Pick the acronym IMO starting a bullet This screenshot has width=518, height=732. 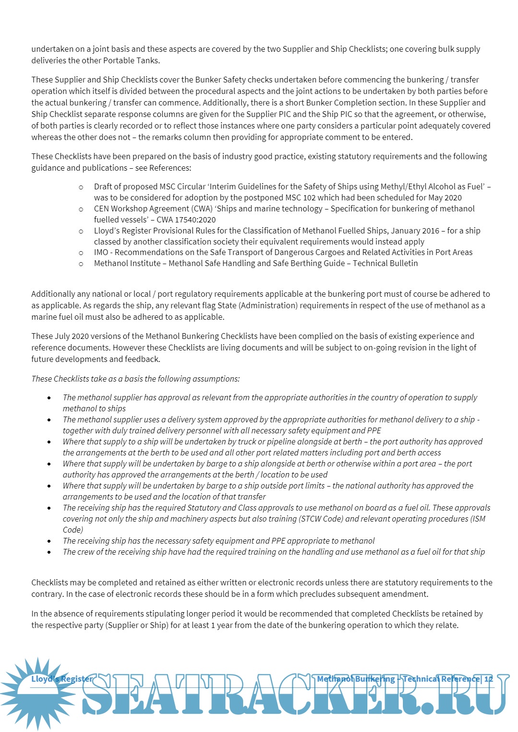[x=101, y=252]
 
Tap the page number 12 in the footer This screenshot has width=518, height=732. [x=488, y=679]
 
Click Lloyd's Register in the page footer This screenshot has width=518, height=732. [x=62, y=679]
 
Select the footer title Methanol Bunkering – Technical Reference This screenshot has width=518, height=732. [x=398, y=679]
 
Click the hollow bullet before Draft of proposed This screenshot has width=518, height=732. [x=81, y=187]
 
